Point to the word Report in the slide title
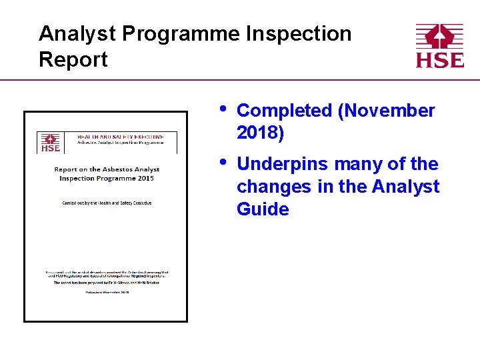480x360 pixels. (x=73, y=59)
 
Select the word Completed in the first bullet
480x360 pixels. (x=285, y=111)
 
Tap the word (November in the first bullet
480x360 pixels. (x=387, y=111)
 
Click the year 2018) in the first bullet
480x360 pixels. (x=260, y=133)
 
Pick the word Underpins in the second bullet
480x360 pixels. (x=285, y=164)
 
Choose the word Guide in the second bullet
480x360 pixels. (x=263, y=209)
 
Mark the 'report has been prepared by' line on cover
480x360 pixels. (x=107, y=283)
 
